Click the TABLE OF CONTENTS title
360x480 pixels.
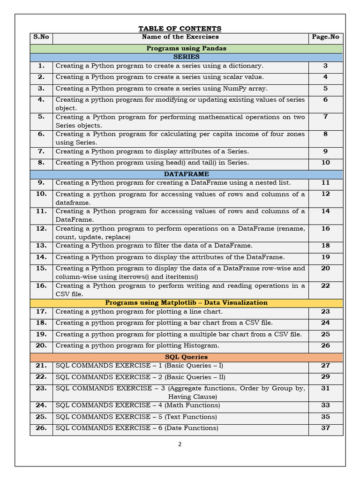point(180,29)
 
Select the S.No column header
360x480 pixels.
point(41,37)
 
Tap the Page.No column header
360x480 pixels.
point(325,37)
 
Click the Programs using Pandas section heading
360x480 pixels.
point(187,48)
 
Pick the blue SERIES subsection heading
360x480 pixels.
point(187,57)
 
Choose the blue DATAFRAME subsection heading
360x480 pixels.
point(187,174)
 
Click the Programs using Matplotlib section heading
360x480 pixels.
point(187,303)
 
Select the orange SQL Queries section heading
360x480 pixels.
point(187,357)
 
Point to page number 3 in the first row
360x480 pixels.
point(325,66)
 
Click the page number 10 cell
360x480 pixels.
point(325,163)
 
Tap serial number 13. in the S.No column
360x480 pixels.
point(41,246)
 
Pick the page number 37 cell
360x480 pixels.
point(325,428)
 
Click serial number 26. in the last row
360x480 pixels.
point(41,428)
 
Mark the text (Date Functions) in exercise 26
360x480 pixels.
point(191,428)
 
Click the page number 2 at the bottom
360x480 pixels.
point(180,445)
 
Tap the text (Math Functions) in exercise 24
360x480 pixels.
point(192,405)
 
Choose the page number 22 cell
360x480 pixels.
point(325,286)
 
